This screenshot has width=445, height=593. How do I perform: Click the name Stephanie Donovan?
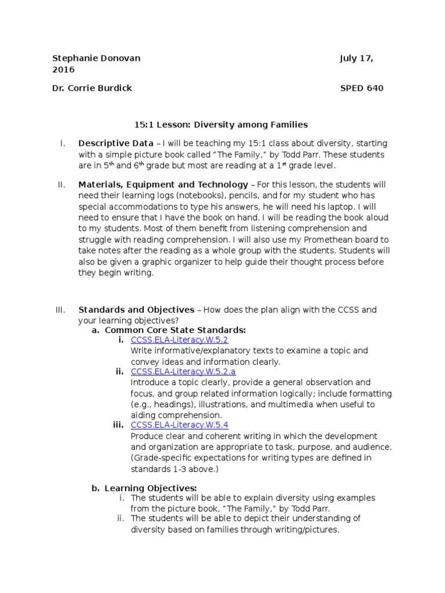point(96,58)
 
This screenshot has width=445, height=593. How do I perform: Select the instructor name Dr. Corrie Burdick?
point(92,88)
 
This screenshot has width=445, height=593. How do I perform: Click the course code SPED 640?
point(362,88)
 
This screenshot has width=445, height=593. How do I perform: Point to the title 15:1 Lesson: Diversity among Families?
point(221,124)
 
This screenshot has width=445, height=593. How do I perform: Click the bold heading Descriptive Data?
point(116,143)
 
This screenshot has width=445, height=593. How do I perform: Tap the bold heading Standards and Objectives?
point(136,310)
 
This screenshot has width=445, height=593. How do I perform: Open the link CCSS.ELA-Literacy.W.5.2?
point(180,341)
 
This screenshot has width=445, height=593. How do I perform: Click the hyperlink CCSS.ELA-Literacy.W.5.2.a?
point(183,372)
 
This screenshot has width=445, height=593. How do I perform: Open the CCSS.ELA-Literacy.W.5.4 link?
point(180,425)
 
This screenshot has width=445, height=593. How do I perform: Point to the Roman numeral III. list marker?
point(61,310)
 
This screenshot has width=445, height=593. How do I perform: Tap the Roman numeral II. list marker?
point(61,185)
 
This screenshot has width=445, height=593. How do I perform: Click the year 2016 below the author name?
point(63,69)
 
